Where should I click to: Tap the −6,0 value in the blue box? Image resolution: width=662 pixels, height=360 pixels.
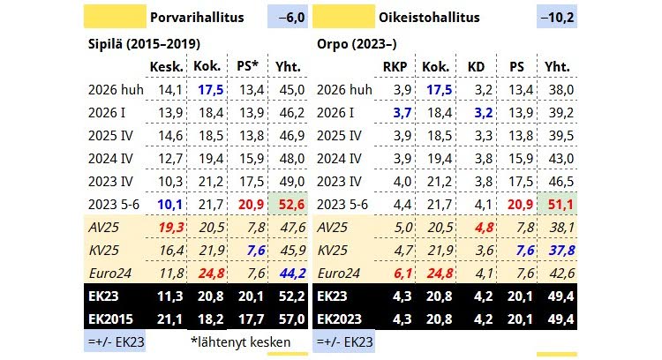click(287, 17)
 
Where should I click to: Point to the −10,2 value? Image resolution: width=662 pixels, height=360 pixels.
click(556, 17)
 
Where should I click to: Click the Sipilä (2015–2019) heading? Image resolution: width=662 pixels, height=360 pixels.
click(143, 43)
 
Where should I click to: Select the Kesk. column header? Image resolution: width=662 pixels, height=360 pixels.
click(166, 66)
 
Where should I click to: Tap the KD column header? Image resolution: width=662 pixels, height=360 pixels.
click(476, 66)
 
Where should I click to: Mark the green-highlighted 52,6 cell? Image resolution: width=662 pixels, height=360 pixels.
click(291, 204)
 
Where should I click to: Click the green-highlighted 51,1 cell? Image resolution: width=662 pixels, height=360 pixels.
click(558, 204)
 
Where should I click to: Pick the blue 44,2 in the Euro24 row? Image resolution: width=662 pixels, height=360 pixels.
click(291, 273)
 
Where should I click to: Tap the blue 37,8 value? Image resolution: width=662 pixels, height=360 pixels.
click(558, 250)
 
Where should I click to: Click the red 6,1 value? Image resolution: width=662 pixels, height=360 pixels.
click(395, 273)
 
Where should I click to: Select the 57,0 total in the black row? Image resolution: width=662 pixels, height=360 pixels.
click(291, 319)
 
